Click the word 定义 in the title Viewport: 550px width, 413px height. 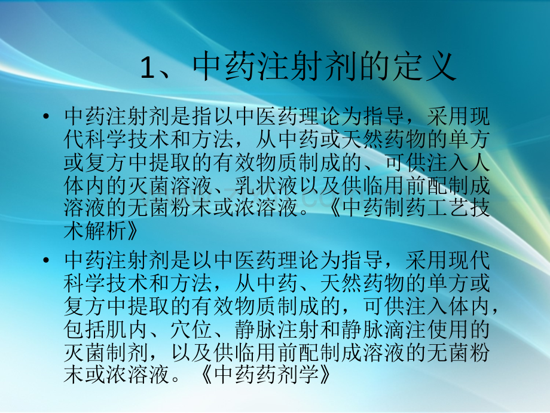pyautogui.click(x=428, y=68)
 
